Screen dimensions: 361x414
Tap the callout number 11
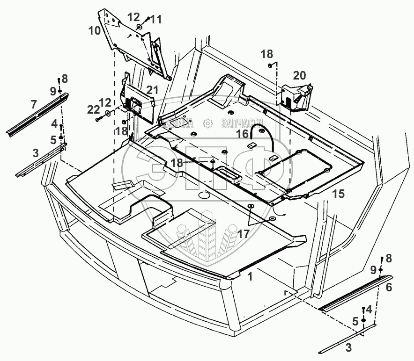click(x=155, y=20)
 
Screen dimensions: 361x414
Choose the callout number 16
click(x=242, y=134)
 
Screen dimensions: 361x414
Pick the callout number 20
click(x=299, y=76)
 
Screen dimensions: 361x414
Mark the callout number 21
click(x=152, y=89)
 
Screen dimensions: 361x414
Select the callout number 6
click(x=389, y=289)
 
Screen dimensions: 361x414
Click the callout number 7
click(x=34, y=104)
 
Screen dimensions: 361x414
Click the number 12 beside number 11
click(x=133, y=17)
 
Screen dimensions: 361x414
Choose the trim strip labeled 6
click(x=356, y=294)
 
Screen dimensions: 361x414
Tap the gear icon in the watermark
click(x=206, y=123)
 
